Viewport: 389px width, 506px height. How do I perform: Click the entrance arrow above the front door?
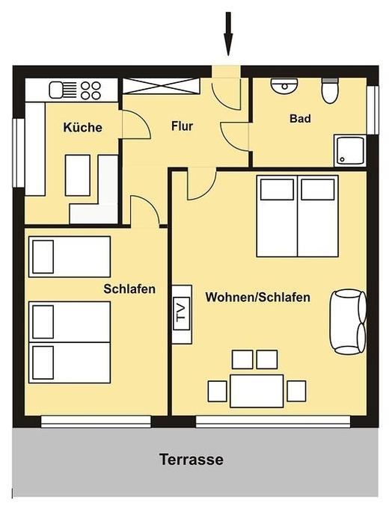point(228,34)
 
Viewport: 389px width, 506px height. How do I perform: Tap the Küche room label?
point(83,128)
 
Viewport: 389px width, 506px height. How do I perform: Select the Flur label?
point(183,126)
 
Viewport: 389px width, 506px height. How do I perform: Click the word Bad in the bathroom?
point(300,118)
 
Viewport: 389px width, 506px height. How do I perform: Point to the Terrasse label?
point(192,459)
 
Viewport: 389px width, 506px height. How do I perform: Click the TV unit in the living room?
point(182,315)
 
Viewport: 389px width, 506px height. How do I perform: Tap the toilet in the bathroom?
point(330,90)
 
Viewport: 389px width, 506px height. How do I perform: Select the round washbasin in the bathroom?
point(284,86)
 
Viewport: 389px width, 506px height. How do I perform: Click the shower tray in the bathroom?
point(350,150)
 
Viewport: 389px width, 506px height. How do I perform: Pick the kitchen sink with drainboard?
point(63,90)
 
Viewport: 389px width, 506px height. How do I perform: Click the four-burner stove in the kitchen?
point(91,90)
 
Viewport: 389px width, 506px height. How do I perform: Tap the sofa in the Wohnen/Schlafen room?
point(348,322)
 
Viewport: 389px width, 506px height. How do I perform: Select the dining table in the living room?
point(257,391)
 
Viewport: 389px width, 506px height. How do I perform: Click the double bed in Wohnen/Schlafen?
point(297,216)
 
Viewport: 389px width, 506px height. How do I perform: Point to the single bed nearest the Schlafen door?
point(70,256)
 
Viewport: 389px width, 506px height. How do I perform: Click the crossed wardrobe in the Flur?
point(162,86)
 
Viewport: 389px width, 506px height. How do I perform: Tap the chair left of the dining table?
point(217,391)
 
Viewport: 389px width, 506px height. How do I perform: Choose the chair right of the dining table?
point(296,391)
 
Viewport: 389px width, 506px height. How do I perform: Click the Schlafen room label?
point(129,289)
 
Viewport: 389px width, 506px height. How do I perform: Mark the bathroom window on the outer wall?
point(373,110)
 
